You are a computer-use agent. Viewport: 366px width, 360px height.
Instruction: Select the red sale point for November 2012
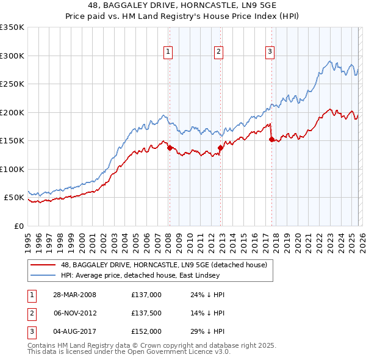coord(220,148)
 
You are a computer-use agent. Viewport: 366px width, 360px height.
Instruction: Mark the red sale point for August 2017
coord(271,139)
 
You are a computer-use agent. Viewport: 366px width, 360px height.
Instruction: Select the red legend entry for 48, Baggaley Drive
coord(163,265)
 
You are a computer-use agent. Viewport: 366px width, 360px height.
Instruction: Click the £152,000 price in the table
coord(146,331)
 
